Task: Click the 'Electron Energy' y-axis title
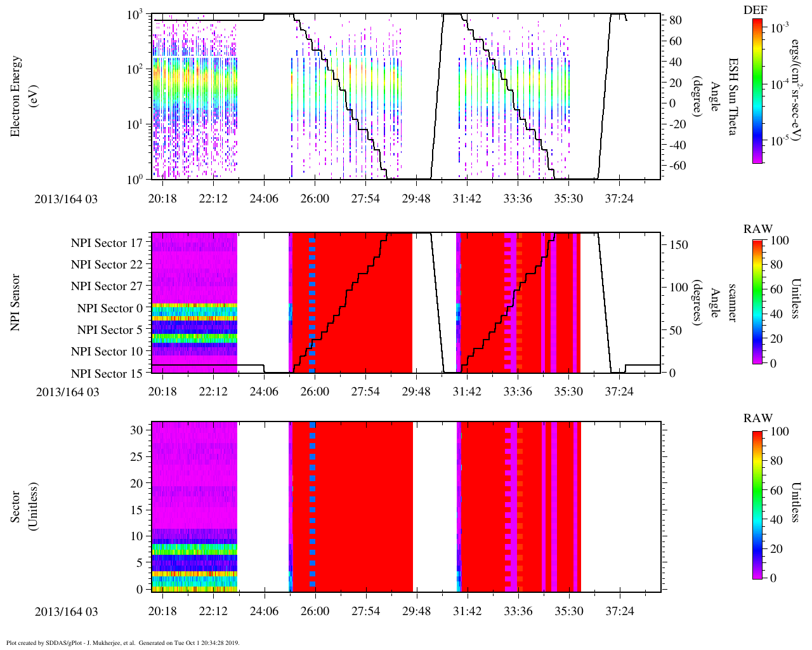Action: (16, 96)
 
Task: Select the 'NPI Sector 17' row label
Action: (107, 243)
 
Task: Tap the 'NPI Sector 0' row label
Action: (110, 308)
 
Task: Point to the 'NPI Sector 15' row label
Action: (107, 374)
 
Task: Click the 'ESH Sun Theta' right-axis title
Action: (732, 96)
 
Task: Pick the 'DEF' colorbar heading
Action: (755, 10)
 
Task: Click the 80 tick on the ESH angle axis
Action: (676, 20)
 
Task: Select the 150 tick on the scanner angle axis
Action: (679, 244)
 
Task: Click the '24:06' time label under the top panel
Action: (264, 199)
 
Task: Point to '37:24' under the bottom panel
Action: (619, 611)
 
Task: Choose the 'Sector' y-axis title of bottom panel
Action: (16, 507)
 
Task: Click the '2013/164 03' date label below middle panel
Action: (67, 392)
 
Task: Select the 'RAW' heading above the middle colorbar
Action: (758, 229)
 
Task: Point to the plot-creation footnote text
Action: (123, 643)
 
